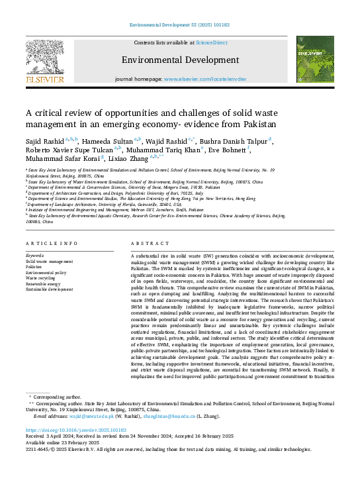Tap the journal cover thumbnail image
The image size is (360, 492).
click(x=316, y=59)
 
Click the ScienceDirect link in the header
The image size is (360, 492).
click(x=212, y=42)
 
